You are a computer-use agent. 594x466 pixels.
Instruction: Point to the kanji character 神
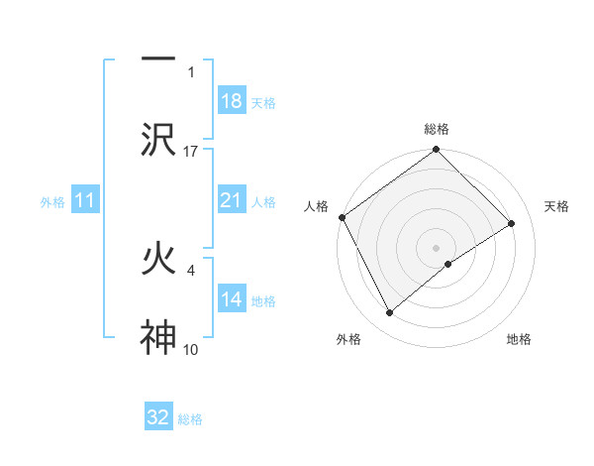coord(158,337)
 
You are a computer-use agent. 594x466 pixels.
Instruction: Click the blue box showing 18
coord(231,102)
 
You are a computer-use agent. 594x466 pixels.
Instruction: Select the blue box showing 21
coord(231,200)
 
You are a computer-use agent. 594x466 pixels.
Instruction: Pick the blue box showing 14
coord(231,299)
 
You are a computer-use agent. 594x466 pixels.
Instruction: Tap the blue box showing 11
coord(85,200)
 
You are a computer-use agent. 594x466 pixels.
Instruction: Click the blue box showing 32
coord(158,417)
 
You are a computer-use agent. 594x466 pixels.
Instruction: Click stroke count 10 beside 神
coord(191,349)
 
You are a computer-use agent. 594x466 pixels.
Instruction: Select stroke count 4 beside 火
coord(190,270)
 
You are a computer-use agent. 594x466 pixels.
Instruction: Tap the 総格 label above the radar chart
coord(437,129)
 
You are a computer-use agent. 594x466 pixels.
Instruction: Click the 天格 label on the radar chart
coord(557,206)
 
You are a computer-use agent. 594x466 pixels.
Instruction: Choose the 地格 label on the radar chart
coord(519,339)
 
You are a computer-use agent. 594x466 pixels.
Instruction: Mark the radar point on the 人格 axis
coord(342,217)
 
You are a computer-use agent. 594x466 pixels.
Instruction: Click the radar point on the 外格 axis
coord(390,313)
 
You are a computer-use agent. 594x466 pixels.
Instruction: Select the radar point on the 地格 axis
coord(448,264)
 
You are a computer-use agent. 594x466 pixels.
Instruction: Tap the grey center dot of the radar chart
coord(436,247)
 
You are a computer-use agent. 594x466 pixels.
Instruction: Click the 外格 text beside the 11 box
coord(52,201)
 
